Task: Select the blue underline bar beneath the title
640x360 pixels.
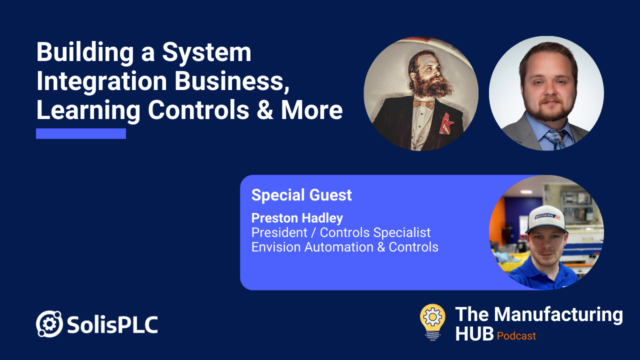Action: coord(81,133)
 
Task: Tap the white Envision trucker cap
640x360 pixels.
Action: coord(546,219)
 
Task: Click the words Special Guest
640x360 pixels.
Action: coord(301,195)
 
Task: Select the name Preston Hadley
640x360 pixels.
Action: coord(297,218)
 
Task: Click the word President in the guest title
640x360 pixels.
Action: coord(279,232)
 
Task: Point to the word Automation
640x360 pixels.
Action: coord(338,247)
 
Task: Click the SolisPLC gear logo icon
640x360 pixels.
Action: coord(49,323)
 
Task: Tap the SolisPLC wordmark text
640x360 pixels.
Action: coord(112,325)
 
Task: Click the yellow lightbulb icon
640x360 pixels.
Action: coord(432,321)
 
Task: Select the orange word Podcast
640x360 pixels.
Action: coord(516,336)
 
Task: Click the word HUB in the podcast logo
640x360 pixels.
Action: coord(474,333)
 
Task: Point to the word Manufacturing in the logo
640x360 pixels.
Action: coord(558,315)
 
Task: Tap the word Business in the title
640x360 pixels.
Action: coord(231,81)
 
